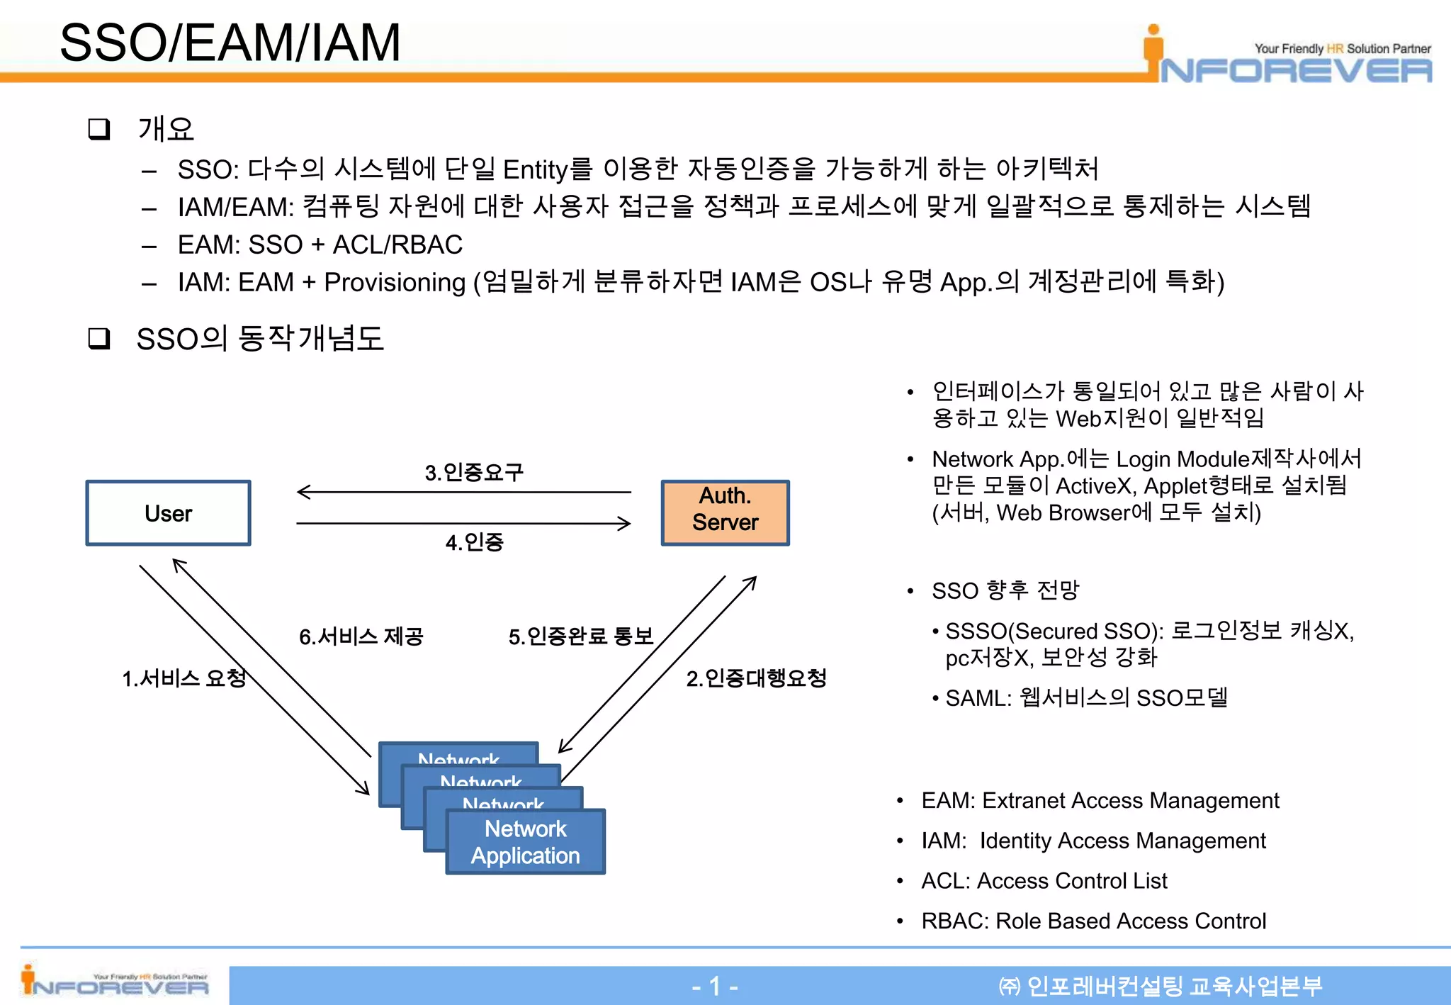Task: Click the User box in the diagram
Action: pyautogui.click(x=168, y=513)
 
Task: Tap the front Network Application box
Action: pyautogui.click(x=525, y=842)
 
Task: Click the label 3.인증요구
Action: pyautogui.click(x=474, y=472)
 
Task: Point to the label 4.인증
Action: pyautogui.click(x=474, y=542)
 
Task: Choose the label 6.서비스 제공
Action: pyautogui.click(x=361, y=636)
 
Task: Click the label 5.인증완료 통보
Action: pyautogui.click(x=580, y=636)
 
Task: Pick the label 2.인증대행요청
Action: pyautogui.click(x=756, y=678)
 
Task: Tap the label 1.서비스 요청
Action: pyautogui.click(x=184, y=678)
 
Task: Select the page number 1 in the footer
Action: pyautogui.click(x=715, y=986)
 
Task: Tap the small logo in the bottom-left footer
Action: pyautogui.click(x=115, y=982)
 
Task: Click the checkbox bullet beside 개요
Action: pyautogui.click(x=98, y=129)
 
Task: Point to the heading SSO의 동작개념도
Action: pyautogui.click(x=259, y=339)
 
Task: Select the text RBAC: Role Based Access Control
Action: pyautogui.click(x=1093, y=921)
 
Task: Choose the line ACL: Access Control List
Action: pyautogui.click(x=1044, y=880)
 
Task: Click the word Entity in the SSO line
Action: pyautogui.click(x=536, y=170)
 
